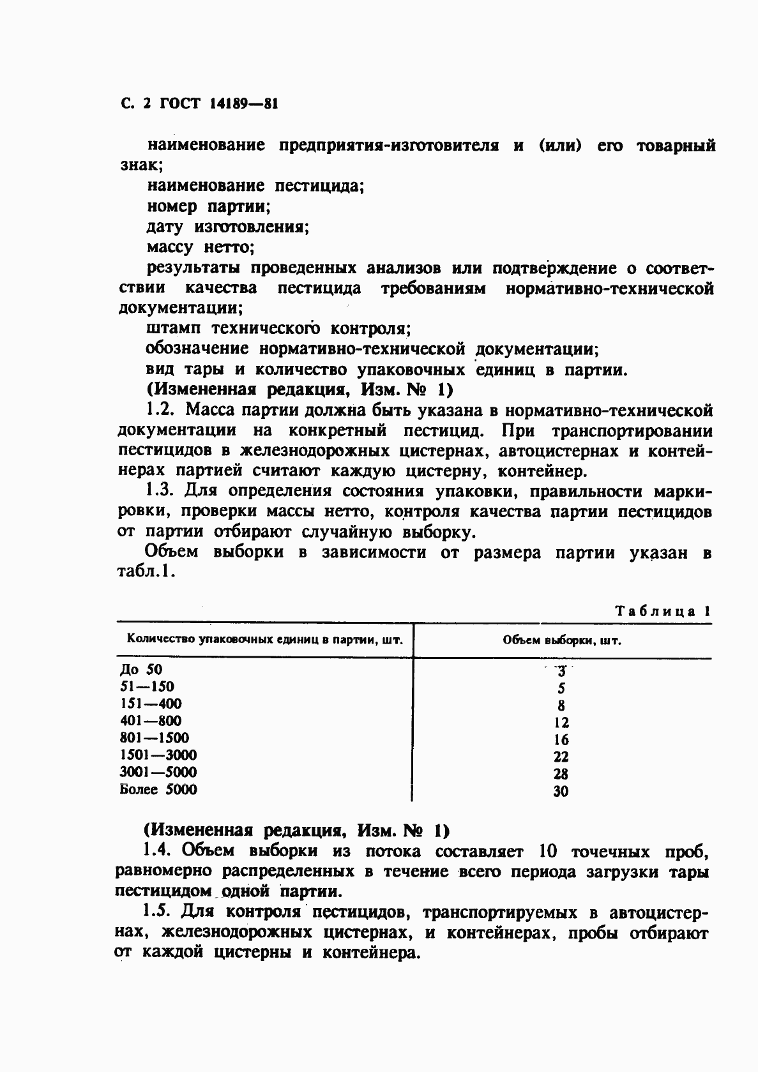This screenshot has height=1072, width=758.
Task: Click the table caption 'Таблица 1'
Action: [x=663, y=611]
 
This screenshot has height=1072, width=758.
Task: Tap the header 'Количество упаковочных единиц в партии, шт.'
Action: [x=265, y=640]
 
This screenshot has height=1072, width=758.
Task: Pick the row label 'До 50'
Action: [x=142, y=670]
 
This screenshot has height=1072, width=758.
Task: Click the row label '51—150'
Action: [x=147, y=687]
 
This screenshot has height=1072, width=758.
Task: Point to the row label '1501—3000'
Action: [x=158, y=755]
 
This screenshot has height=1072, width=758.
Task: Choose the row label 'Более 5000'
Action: [x=159, y=790]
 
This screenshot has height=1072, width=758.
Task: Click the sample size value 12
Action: [x=561, y=723]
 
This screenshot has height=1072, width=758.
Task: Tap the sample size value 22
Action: [x=561, y=757]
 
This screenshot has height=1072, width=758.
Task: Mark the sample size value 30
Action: [x=561, y=792]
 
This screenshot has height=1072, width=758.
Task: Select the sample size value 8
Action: [x=561, y=706]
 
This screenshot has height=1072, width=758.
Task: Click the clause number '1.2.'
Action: [x=160, y=411]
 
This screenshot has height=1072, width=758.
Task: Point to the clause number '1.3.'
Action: [x=160, y=491]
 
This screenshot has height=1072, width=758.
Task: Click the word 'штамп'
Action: [x=173, y=329]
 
